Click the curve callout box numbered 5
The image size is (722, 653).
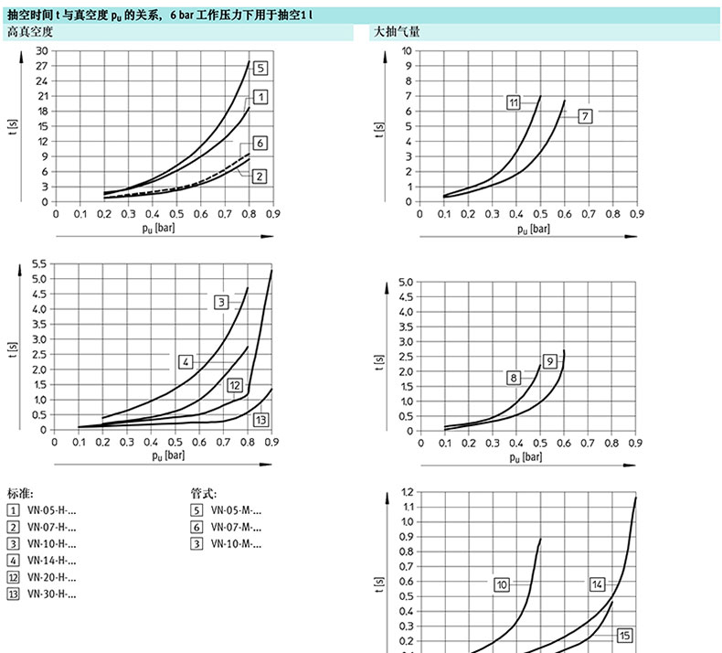(260, 68)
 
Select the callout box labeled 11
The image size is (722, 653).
(514, 102)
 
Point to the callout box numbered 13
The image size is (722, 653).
(260, 421)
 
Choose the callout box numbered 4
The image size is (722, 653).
(186, 362)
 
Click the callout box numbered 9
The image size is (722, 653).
(549, 360)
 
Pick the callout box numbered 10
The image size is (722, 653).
(502, 584)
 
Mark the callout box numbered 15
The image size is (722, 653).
(625, 636)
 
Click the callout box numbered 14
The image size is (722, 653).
(597, 584)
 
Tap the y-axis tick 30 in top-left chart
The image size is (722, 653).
(42, 50)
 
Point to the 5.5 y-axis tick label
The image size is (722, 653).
(39, 263)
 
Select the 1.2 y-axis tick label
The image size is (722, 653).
(407, 491)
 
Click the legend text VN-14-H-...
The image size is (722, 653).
(51, 561)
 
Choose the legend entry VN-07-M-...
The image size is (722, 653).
(236, 528)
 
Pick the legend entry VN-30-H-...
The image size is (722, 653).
(51, 594)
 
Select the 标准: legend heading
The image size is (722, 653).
(20, 493)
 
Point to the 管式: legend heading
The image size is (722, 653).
(203, 493)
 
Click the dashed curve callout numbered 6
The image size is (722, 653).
(260, 144)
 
